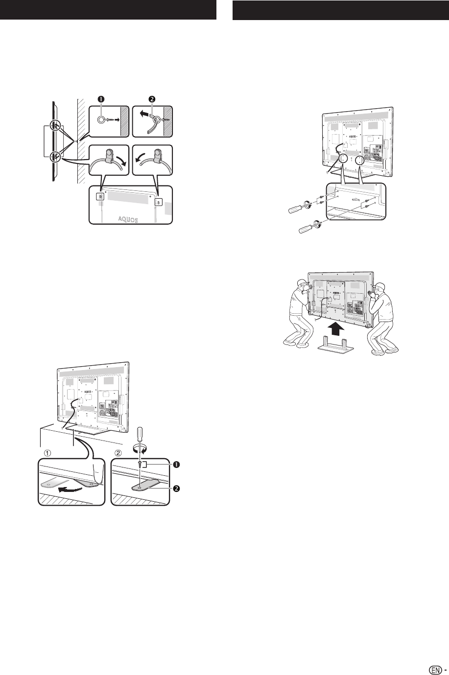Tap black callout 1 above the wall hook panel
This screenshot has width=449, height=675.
(x=101, y=99)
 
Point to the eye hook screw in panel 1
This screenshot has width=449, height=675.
(x=105, y=119)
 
